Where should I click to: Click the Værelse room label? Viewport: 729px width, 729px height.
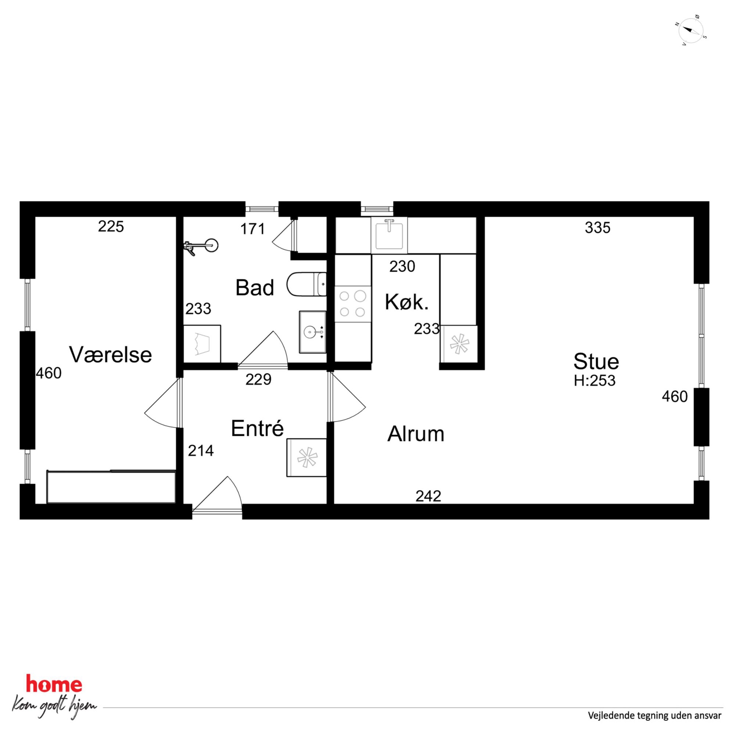tap(110, 355)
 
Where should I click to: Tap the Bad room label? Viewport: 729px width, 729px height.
tap(255, 288)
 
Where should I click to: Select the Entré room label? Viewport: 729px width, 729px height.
tap(257, 428)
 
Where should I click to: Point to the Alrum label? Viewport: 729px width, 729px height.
tap(416, 434)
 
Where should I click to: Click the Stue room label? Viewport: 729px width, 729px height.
tap(596, 362)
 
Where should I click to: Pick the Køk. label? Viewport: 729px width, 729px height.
tap(407, 302)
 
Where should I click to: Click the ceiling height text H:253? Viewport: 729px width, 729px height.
tap(595, 381)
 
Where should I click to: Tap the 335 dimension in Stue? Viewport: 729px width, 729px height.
tap(598, 227)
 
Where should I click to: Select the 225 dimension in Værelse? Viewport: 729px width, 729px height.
tap(111, 226)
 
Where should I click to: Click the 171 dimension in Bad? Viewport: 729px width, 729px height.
tap(253, 229)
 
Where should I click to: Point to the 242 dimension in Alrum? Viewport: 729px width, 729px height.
tap(428, 496)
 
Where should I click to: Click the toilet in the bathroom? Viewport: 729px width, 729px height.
tap(306, 284)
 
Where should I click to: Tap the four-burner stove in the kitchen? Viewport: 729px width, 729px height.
tap(352, 304)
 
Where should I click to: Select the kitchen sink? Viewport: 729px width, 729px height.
tap(389, 235)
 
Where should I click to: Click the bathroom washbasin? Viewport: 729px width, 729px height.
tap(312, 332)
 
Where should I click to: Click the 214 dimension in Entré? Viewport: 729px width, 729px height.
tap(201, 450)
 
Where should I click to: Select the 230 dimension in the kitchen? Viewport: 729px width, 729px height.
tap(402, 266)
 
